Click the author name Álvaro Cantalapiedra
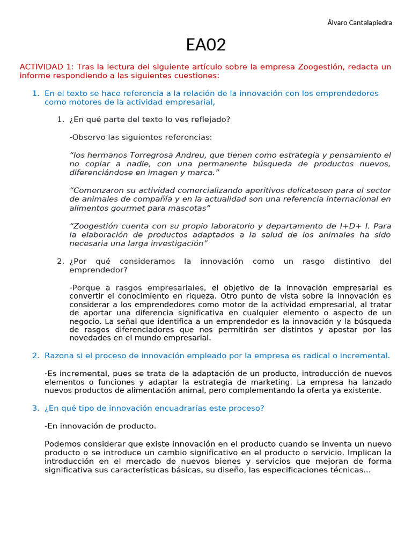359,23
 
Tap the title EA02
206,45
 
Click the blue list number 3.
35,408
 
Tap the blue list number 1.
35,93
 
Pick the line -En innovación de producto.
100,426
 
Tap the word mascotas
188,207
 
